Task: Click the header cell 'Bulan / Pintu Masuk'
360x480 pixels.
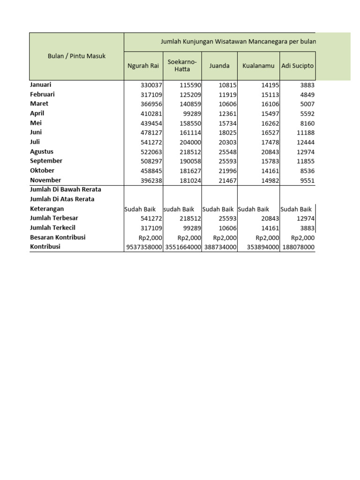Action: pyautogui.click(x=76, y=56)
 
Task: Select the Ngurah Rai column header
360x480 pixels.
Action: pyautogui.click(x=143, y=66)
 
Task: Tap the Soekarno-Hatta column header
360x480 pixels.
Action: pyautogui.click(x=182, y=66)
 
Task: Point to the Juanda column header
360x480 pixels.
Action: pyautogui.click(x=219, y=66)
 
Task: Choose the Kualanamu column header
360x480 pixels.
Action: pyautogui.click(x=258, y=66)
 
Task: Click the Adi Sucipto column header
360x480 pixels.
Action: pyautogui.click(x=298, y=66)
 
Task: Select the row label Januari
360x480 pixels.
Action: pyautogui.click(x=41, y=85)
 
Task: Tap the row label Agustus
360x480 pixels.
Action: pyautogui.click(x=42, y=151)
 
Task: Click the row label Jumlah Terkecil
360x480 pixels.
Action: pyautogui.click(x=52, y=228)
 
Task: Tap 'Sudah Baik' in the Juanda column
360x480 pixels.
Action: pyautogui.click(x=218, y=209)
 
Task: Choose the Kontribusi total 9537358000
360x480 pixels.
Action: pyautogui.click(x=143, y=247)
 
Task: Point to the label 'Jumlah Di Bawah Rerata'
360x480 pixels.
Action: pyautogui.click(x=66, y=189)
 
